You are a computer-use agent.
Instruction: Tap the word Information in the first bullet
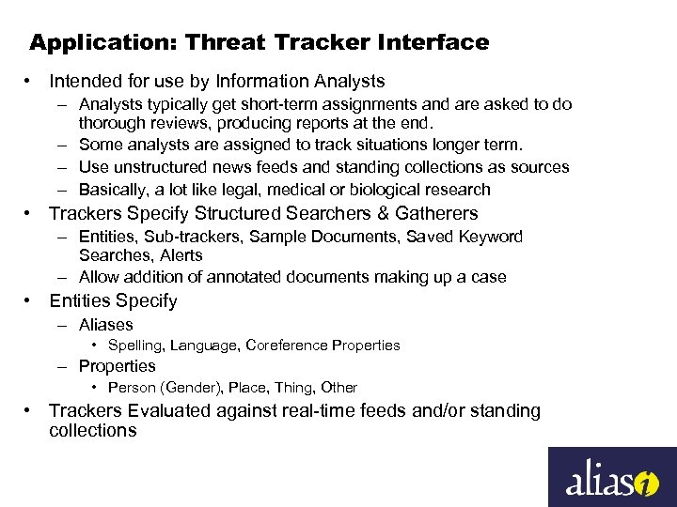click(256, 82)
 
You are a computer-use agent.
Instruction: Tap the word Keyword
click(489, 237)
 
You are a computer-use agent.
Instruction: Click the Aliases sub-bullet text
click(106, 325)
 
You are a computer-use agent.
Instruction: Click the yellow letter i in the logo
click(646, 484)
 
